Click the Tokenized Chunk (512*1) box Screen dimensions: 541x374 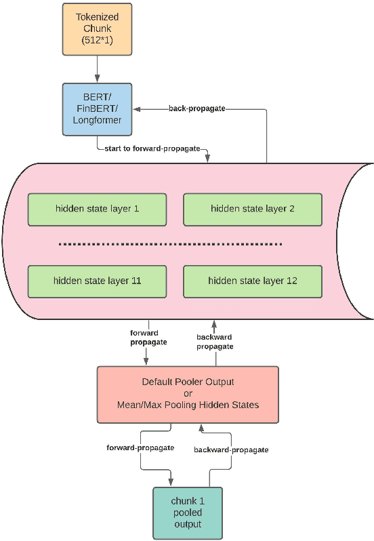coord(96,29)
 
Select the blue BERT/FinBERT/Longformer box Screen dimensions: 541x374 coord(96,108)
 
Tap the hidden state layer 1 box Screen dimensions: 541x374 coord(97,209)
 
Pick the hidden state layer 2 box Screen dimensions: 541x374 coord(252,209)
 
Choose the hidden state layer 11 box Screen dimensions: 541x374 coord(97,280)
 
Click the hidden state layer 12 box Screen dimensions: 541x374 coord(252,280)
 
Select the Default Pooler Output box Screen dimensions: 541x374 coord(187,393)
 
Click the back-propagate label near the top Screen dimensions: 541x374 coord(196,108)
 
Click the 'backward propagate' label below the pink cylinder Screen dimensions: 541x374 coord(215,341)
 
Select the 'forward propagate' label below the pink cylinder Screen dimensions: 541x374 coord(148,337)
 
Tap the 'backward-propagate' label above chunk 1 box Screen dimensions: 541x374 coord(231,449)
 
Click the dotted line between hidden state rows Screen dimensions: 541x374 coord(170,244)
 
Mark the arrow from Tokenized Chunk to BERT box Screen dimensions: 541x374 coord(96,68)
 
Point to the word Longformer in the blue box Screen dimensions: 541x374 coord(96,121)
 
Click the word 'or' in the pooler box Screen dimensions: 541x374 coord(187,393)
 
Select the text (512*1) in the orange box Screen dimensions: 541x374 coord(96,41)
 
